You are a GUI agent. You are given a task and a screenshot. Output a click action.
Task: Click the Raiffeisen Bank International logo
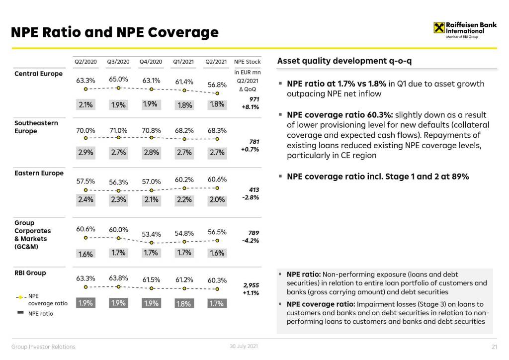pyautogui.click(x=465, y=28)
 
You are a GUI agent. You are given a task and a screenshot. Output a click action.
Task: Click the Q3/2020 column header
pyautogui.click(x=118, y=62)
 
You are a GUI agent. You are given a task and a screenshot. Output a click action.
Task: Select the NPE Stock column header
pyautogui.click(x=247, y=62)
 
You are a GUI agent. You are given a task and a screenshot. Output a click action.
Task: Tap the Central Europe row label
pyautogui.click(x=38, y=74)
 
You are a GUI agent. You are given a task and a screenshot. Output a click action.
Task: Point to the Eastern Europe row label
pyautogui.click(x=39, y=173)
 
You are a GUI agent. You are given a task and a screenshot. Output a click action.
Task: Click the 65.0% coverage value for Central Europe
pyautogui.click(x=118, y=79)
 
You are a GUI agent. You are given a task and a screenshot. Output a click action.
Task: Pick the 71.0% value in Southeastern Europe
pyautogui.click(x=118, y=131)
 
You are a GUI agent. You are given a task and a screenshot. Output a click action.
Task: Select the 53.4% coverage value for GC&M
pyautogui.click(x=152, y=234)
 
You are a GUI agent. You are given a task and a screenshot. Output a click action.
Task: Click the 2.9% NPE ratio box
pyautogui.click(x=85, y=153)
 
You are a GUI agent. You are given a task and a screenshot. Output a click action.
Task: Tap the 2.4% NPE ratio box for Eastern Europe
pyautogui.click(x=85, y=200)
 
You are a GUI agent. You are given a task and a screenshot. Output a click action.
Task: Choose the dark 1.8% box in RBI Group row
pyautogui.click(x=184, y=303)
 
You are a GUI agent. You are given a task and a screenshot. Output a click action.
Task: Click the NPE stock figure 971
pyautogui.click(x=254, y=99)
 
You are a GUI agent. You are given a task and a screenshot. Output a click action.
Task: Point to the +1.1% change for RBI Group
pyautogui.click(x=251, y=293)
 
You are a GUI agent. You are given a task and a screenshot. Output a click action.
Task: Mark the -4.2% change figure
pyautogui.click(x=251, y=241)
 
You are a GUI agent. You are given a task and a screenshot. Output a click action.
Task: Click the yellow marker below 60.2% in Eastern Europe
pyautogui.click(x=184, y=188)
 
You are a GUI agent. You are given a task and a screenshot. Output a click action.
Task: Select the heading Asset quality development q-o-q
pyautogui.click(x=344, y=61)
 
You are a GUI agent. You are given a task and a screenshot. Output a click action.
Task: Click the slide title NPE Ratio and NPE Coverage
pyautogui.click(x=115, y=32)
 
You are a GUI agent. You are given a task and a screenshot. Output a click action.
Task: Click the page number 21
pyautogui.click(x=494, y=347)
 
